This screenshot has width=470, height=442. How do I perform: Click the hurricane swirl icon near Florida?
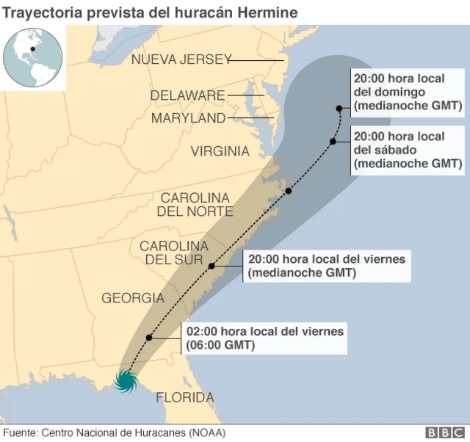click(126, 381)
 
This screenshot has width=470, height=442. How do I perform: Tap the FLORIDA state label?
click(184, 398)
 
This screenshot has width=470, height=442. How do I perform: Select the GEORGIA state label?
click(132, 298)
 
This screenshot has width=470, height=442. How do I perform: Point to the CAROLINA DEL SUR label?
click(173, 253)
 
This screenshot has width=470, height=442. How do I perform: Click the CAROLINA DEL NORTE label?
click(195, 205)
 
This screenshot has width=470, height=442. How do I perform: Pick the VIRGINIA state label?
click(220, 151)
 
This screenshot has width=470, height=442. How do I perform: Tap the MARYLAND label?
click(189, 118)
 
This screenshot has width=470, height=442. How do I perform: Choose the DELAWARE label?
click(187, 95)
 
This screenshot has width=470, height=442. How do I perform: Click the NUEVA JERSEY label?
click(181, 59)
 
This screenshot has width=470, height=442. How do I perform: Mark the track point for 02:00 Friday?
click(149, 338)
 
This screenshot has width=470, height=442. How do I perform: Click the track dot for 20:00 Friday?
click(211, 266)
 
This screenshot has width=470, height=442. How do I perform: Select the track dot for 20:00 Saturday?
click(333, 141)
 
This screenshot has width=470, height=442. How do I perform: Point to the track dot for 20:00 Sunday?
click(339, 107)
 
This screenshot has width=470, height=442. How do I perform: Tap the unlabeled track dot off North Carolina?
click(289, 191)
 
